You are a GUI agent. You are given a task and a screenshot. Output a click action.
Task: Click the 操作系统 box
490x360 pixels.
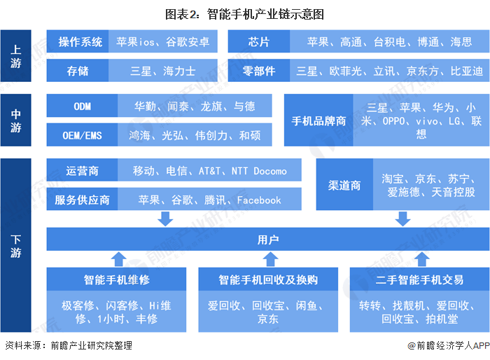[78, 41]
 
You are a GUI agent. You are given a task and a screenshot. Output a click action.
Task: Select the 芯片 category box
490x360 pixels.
[259, 41]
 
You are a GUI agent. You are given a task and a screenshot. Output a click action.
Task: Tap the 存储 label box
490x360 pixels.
[78, 71]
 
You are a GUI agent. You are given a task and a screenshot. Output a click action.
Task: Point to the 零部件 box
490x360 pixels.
[259, 71]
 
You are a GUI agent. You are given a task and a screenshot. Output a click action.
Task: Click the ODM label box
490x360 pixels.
[82, 106]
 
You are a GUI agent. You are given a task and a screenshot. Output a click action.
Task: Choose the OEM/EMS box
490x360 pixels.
[82, 134]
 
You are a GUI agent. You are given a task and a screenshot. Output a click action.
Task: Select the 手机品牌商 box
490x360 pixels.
[318, 120]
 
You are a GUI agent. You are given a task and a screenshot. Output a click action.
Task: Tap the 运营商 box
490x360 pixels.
[82, 170]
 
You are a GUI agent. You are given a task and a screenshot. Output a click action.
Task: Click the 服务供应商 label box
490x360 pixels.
[82, 199]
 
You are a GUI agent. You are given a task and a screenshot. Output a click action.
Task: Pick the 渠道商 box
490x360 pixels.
[344, 184]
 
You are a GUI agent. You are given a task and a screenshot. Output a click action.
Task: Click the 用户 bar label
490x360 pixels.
[268, 240]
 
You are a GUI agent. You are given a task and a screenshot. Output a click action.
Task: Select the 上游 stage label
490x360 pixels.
[15, 56]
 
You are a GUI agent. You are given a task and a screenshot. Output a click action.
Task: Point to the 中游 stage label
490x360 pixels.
[15, 120]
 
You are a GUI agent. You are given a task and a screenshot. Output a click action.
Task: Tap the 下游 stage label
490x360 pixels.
[15, 245]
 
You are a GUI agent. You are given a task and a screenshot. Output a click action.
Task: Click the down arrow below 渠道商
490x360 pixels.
[402, 219]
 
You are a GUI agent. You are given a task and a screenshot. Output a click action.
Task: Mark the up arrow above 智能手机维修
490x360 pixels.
[119, 259]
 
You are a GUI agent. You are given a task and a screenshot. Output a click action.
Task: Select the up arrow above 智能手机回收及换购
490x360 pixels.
[271, 259]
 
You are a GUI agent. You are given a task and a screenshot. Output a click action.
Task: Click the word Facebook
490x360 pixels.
[259, 200]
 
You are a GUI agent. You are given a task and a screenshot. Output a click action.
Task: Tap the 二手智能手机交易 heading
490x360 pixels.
[419, 279]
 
